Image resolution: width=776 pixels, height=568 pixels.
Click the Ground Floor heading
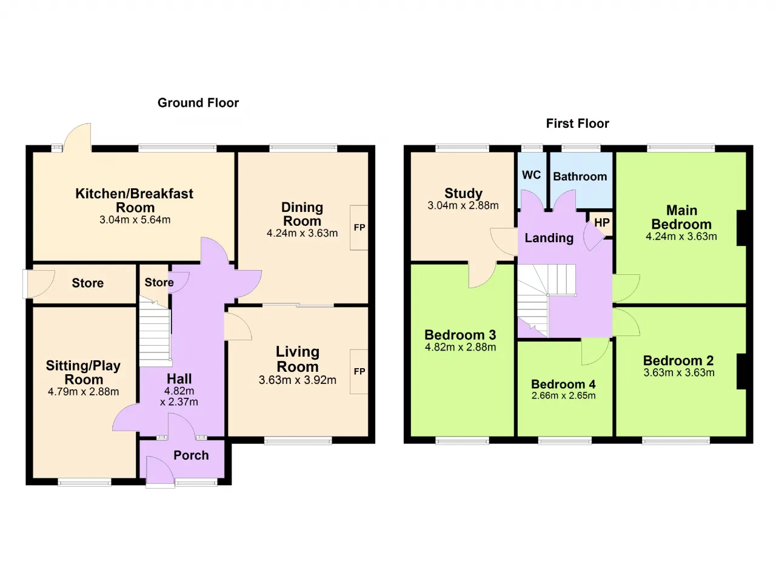point(198,103)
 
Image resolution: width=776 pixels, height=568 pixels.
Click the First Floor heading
point(578,124)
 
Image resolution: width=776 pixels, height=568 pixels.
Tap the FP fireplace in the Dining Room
point(359,228)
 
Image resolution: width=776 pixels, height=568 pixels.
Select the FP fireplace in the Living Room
point(359,372)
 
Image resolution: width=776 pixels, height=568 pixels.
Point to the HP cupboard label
point(602,222)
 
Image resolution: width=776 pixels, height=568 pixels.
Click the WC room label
point(532,175)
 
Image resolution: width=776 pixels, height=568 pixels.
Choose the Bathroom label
point(580,177)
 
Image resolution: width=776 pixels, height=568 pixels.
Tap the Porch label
point(191,455)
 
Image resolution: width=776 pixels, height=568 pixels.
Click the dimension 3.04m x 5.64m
point(135,220)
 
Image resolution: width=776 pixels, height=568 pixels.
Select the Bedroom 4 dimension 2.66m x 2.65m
point(564,395)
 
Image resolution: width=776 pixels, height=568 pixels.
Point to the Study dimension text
point(463,205)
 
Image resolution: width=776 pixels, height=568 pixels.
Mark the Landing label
point(549,238)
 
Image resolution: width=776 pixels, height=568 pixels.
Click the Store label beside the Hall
point(159,282)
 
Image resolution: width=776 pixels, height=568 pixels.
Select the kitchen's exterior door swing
point(78,137)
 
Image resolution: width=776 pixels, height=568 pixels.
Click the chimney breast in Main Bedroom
point(741,228)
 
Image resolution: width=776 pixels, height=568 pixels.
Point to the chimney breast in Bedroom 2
point(741,372)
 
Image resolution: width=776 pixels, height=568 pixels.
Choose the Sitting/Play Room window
point(84,481)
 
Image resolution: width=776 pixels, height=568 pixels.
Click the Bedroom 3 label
point(460,335)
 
